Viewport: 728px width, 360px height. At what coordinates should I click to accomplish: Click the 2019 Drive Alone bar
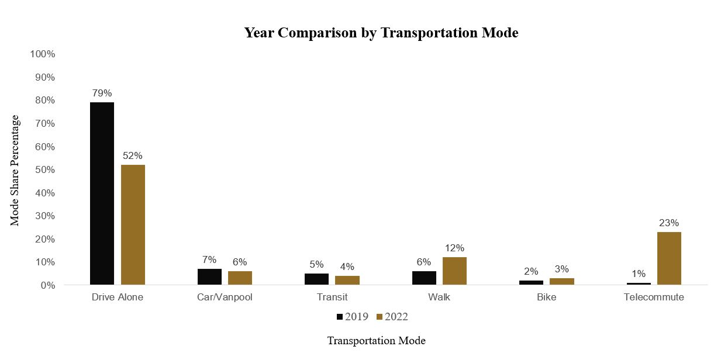click(x=102, y=193)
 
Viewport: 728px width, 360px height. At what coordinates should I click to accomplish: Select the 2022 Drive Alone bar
click(x=133, y=225)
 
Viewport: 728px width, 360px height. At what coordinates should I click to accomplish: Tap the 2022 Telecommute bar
click(x=669, y=258)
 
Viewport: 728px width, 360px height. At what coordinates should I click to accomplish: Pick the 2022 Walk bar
click(x=454, y=271)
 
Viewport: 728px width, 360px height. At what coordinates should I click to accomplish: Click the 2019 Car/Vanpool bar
click(x=209, y=277)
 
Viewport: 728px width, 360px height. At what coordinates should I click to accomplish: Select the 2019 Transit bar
click(x=316, y=279)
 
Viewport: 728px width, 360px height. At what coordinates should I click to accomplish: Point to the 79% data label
click(x=102, y=93)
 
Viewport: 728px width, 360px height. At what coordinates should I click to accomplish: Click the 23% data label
click(x=669, y=223)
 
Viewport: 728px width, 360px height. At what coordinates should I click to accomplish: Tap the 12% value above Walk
click(x=454, y=248)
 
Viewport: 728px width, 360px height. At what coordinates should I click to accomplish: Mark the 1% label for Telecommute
click(x=639, y=274)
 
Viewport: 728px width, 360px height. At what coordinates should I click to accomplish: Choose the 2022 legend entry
click(x=392, y=317)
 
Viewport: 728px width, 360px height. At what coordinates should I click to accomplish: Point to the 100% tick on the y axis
click(x=42, y=54)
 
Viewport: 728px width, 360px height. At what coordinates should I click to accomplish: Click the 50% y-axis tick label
click(x=44, y=170)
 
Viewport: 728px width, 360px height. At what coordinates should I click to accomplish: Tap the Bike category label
click(x=546, y=297)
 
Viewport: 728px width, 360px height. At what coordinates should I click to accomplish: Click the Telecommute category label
click(x=654, y=297)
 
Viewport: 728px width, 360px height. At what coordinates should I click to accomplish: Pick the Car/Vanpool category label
click(x=225, y=297)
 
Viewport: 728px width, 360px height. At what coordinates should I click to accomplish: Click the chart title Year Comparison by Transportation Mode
click(x=381, y=33)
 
